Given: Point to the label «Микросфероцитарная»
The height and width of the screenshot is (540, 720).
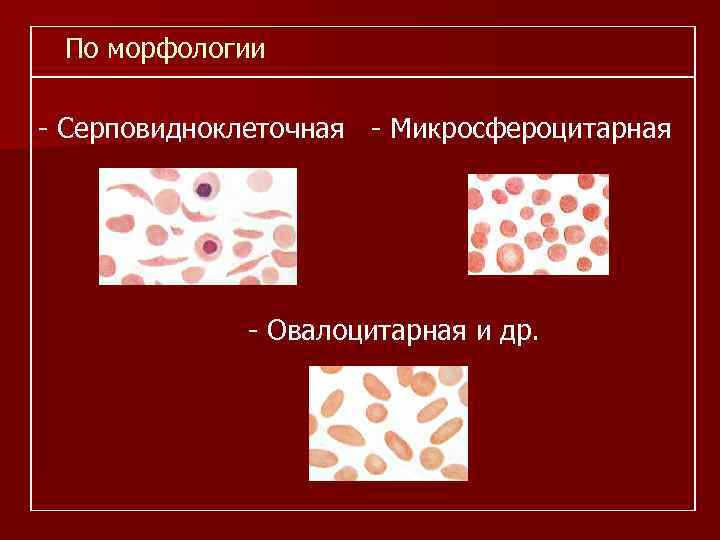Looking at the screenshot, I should point(530,129).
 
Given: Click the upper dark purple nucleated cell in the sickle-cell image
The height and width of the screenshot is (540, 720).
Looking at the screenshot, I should point(206,187).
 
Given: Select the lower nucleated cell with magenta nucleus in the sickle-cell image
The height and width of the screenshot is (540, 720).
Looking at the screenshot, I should point(209,245).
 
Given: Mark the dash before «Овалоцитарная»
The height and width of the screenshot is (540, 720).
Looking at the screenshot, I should point(255,331).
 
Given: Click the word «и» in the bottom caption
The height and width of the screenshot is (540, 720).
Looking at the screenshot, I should point(484,331).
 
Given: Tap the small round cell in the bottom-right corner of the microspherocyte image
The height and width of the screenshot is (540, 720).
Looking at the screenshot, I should point(596,262).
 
